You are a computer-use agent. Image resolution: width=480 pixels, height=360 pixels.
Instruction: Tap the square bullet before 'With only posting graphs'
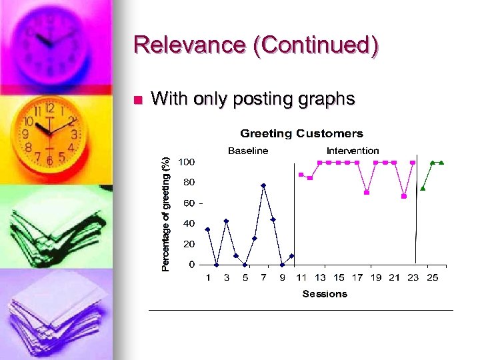tap(138, 101)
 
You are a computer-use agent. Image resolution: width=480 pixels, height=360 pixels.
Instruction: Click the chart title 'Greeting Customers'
tap(301, 134)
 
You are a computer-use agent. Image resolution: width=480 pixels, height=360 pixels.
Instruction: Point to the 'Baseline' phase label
tap(248, 151)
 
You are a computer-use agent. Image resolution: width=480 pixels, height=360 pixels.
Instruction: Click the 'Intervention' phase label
tap(353, 151)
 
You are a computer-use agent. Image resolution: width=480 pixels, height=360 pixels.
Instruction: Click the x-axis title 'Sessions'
tap(325, 293)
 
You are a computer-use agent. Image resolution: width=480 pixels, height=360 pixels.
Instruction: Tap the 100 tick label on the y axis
tap(187, 162)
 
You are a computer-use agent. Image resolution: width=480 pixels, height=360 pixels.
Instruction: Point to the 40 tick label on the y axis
tap(189, 223)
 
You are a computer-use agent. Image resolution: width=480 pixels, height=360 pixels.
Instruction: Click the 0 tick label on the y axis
tap(192, 265)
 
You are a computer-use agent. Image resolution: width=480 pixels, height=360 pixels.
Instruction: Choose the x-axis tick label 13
tap(321, 277)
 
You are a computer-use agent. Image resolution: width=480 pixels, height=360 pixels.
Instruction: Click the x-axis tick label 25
tap(432, 277)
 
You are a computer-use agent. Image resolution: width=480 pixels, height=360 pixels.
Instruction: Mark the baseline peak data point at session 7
tap(264, 185)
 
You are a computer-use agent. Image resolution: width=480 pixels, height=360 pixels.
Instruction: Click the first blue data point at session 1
tap(207, 229)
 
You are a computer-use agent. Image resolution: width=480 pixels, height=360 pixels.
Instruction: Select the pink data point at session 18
tap(367, 193)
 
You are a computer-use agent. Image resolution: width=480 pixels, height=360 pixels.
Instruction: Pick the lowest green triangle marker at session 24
tap(423, 188)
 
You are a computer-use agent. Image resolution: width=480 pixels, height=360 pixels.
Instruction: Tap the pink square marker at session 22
tap(404, 196)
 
